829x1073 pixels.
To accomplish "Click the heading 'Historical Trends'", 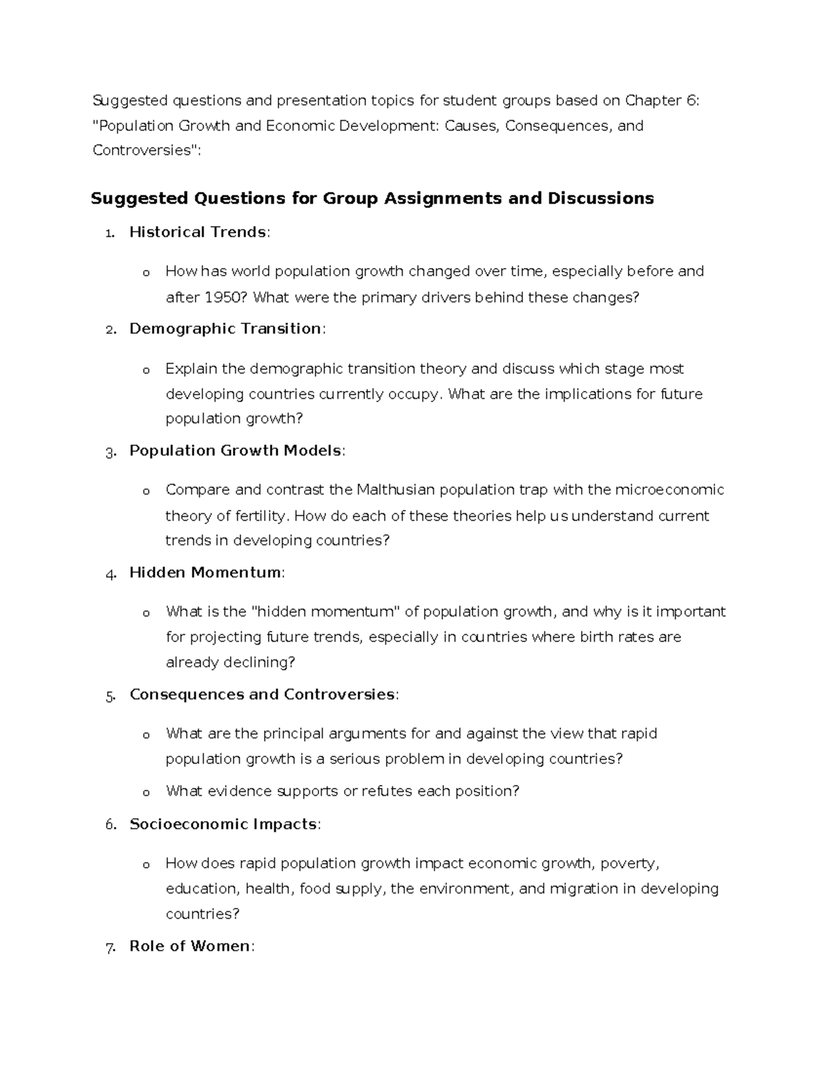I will tap(198, 232).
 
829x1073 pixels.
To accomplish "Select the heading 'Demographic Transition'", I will tap(225, 329).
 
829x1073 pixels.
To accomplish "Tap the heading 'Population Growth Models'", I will tap(235, 451).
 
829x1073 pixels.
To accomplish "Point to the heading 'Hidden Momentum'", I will tap(205, 573).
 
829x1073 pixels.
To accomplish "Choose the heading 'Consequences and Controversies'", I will tap(262, 694).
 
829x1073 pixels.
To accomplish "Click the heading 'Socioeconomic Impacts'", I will tap(223, 824).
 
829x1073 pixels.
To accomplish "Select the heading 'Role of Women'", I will tap(190, 947).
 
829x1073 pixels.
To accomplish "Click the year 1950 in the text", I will tap(224, 298).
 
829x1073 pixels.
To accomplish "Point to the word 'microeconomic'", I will tap(669, 491).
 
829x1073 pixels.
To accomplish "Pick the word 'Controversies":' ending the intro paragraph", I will tap(146, 151).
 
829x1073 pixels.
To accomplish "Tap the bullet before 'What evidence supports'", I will tap(146, 792).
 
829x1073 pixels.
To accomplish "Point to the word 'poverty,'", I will tap(630, 864).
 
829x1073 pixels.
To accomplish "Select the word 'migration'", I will tap(584, 889).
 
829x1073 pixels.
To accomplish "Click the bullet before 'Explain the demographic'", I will tap(146, 370).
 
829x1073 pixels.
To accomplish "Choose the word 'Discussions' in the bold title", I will tap(600, 199).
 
